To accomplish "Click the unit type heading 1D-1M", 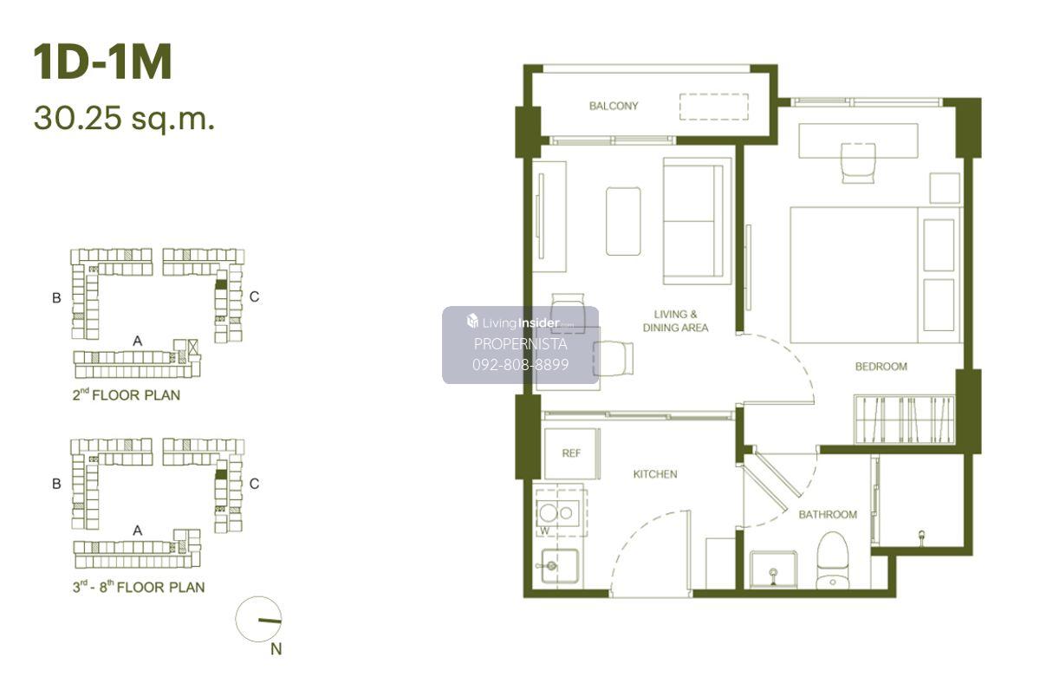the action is (102, 62).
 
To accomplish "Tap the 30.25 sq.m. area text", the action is (125, 119).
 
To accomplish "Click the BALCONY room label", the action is (614, 106).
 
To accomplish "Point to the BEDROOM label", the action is (881, 367).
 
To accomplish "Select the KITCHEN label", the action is (654, 474).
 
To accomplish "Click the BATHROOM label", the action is (828, 515).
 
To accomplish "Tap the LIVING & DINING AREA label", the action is (675, 321).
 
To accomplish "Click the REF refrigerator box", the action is (571, 453).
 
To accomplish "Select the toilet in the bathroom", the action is (833, 561).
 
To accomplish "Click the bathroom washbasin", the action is (773, 570).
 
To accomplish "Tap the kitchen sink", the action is (560, 566).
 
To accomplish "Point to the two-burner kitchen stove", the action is (557, 513).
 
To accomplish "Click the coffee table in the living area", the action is (623, 221).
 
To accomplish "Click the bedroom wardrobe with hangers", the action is (904, 420).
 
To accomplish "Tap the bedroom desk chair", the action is (859, 162).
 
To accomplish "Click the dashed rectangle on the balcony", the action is (713, 107).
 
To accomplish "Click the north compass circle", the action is (258, 619).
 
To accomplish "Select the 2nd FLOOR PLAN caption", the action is (127, 394).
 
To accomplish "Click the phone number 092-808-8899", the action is (520, 364).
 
